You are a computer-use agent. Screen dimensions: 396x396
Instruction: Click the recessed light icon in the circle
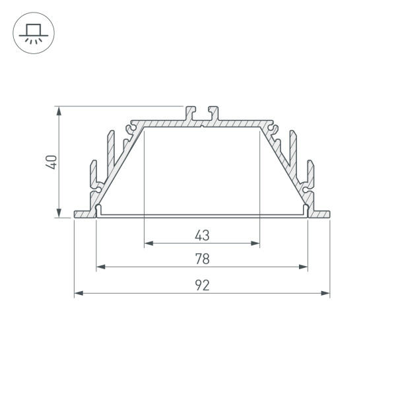coord(34,32)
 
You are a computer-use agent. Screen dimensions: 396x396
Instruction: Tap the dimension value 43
coord(202,234)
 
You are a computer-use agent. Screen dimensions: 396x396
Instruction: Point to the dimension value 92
coord(202,284)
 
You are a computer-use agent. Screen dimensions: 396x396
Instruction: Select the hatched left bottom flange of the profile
coord(84,214)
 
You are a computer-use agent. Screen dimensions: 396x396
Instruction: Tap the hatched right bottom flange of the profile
coord(320,214)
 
